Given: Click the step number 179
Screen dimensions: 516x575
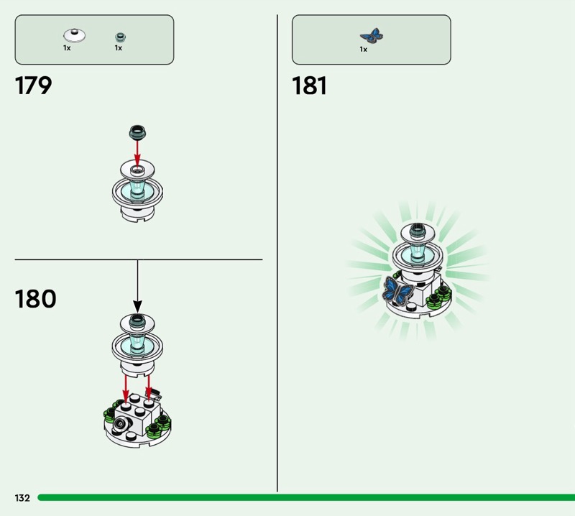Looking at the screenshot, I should pos(34,86).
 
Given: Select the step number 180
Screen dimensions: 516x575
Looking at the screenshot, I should pos(35,298).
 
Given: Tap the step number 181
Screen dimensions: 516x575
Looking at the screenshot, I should pos(310,86).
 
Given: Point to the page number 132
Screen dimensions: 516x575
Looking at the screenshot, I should pos(22,498).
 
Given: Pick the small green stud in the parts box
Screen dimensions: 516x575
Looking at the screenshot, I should pos(119,35).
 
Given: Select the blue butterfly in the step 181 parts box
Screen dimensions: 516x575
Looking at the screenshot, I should pos(372,34).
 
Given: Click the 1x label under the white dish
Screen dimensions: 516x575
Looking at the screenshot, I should pos(67,48).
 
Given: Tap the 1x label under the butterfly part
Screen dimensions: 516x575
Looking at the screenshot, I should pos(364,50).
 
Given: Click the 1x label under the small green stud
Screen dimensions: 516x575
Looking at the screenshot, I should pos(119,48).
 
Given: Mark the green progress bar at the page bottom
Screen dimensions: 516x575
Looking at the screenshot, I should pos(302,497).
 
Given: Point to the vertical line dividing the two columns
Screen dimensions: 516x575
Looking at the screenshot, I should pos(277,252).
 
